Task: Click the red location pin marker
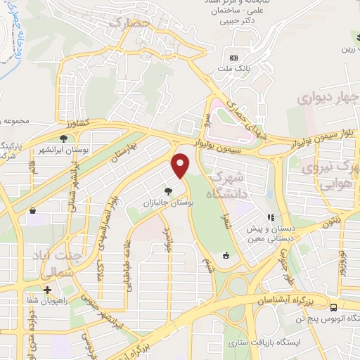181,165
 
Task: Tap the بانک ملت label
235,68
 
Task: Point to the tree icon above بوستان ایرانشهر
64,139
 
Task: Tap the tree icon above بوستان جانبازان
167,190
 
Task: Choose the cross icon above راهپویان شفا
47,290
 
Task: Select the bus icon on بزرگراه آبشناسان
333,307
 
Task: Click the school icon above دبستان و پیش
271,217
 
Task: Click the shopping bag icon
32,210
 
